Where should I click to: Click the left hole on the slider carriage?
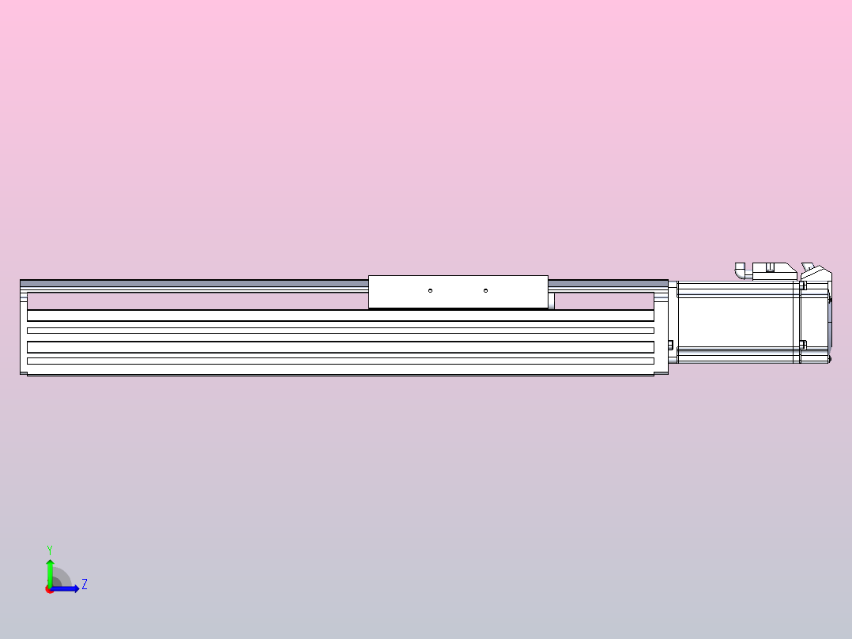point(430,290)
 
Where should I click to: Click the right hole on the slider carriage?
point(485,290)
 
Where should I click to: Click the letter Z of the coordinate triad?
point(84,584)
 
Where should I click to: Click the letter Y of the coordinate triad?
point(50,549)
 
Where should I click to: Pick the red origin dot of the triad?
point(49,589)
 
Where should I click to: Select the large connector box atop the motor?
point(773,271)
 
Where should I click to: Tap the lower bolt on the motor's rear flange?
point(803,344)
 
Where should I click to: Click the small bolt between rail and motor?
point(671,345)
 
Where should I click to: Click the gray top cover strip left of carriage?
point(194,282)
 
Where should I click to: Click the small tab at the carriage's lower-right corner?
point(551,301)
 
